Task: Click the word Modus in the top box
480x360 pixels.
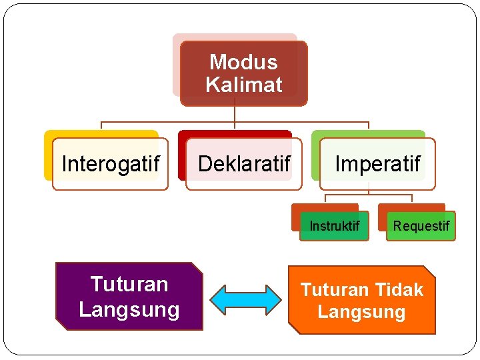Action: click(x=243, y=62)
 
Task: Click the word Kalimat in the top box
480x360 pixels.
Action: click(x=244, y=85)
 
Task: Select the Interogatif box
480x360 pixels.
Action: click(x=110, y=164)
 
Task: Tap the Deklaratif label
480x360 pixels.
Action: click(x=244, y=164)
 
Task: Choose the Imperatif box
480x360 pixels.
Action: click(x=377, y=164)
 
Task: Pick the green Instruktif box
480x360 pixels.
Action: click(x=334, y=226)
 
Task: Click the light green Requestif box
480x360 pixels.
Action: click(x=421, y=226)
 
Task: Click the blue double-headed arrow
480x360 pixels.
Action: click(x=245, y=299)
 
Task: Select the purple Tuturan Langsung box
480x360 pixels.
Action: click(x=129, y=296)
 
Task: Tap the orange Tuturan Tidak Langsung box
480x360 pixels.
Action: click(x=361, y=300)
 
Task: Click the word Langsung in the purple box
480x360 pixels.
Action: click(x=129, y=309)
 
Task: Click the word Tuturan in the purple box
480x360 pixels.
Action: click(x=129, y=285)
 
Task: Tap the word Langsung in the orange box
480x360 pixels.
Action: click(x=361, y=312)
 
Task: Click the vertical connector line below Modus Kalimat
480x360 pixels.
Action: click(x=235, y=114)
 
